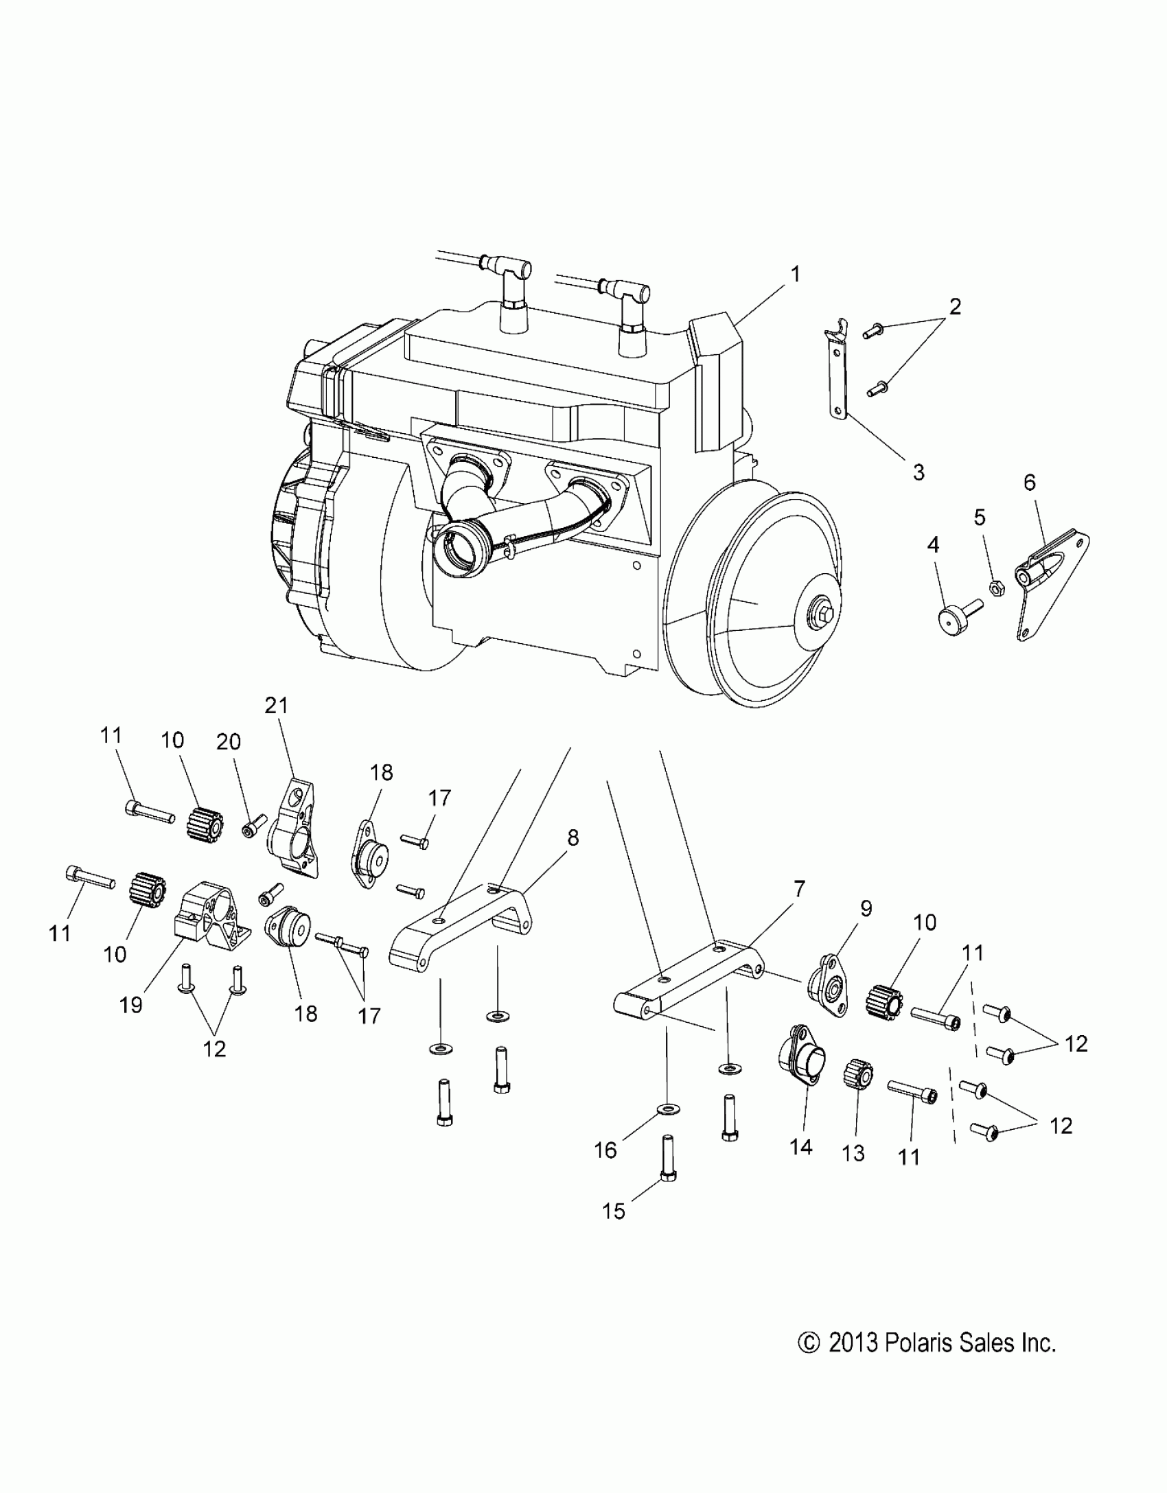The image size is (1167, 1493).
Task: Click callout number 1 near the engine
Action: (795, 275)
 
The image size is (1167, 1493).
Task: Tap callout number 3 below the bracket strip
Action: (918, 472)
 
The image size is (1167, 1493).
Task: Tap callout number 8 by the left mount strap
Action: (573, 837)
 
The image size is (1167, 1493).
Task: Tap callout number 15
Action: (614, 1212)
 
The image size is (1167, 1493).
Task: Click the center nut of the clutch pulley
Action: (821, 609)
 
